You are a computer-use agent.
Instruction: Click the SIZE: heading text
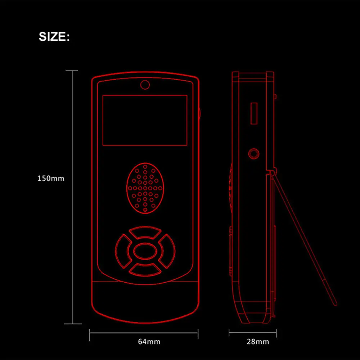[x=54, y=37]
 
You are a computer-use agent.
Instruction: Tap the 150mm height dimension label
[x=51, y=178]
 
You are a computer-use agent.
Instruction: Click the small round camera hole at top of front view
[x=145, y=85]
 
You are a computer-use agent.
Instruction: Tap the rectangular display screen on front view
[x=145, y=120]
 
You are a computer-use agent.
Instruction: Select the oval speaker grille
[x=145, y=188]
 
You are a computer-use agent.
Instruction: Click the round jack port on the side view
[x=254, y=154]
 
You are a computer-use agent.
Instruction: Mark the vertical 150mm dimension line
[x=73, y=198]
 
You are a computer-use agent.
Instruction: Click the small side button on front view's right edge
[x=199, y=112]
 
